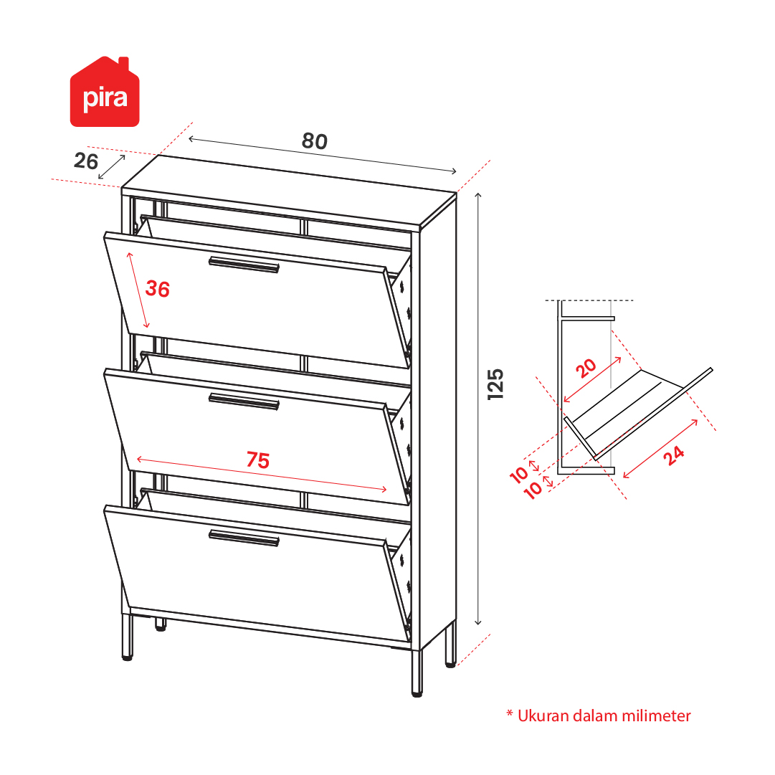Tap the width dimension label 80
(x=315, y=141)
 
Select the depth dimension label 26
(x=86, y=161)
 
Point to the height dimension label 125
(x=495, y=384)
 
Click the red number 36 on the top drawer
(x=158, y=289)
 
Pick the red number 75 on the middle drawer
(x=258, y=460)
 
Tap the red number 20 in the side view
(x=586, y=369)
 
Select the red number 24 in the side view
(x=674, y=455)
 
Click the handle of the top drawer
(x=244, y=265)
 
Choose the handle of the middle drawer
(x=244, y=401)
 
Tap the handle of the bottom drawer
(x=244, y=538)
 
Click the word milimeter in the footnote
(x=657, y=715)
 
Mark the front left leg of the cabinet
(x=127, y=637)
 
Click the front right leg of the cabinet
(x=417, y=673)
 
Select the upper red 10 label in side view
(x=519, y=475)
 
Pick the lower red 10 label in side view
(x=533, y=490)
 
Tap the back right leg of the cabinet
(x=450, y=645)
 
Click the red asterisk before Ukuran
(x=510, y=713)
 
